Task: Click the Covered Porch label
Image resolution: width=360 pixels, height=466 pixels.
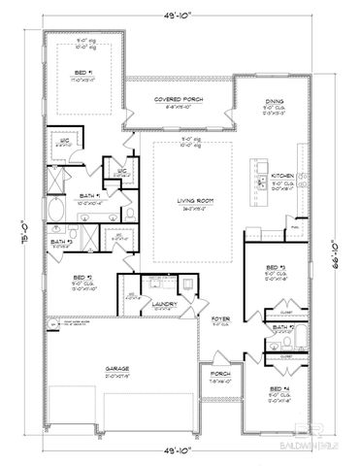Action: point(177,100)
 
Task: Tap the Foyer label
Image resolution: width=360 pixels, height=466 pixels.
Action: point(221,317)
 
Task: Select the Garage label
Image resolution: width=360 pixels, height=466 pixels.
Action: point(118,370)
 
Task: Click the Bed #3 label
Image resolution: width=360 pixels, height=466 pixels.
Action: point(277,267)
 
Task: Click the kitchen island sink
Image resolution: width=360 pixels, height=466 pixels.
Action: point(259,182)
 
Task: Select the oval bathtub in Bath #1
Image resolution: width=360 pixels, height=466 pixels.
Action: point(55,207)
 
